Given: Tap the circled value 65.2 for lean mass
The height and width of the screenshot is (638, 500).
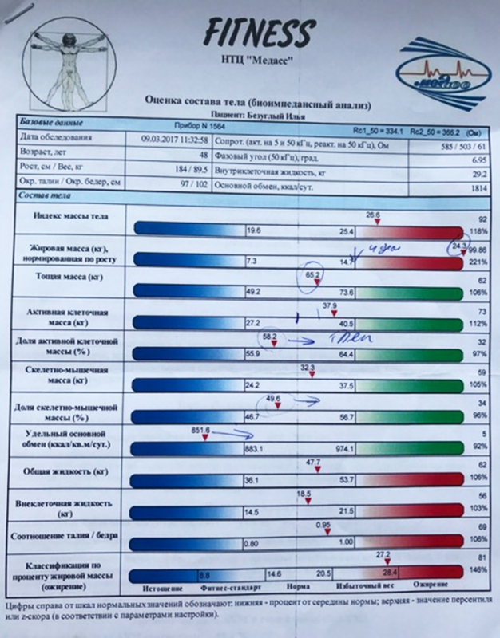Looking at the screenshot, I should (312, 275).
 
